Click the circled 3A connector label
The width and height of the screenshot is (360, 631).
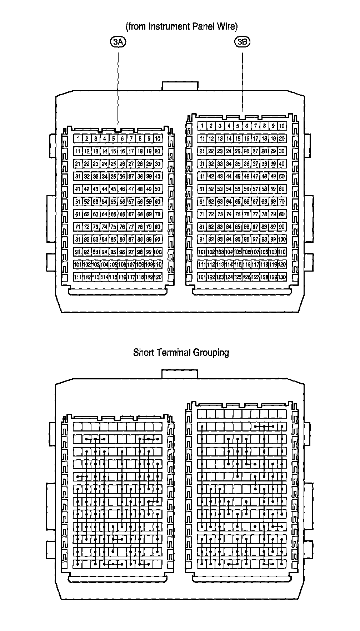point(118,42)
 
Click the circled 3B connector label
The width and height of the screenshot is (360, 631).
point(242,42)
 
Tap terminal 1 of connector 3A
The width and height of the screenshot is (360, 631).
point(78,139)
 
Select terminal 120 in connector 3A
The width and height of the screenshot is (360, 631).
point(158,277)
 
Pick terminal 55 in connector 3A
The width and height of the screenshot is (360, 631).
point(113,202)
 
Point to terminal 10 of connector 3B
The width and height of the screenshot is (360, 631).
point(282,126)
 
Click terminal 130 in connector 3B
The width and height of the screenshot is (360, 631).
point(282,277)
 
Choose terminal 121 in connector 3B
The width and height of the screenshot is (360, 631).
point(202,277)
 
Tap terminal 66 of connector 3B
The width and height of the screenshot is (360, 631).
point(246,202)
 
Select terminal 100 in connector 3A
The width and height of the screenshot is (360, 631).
point(158,252)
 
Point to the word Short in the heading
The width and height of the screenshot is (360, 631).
point(142,353)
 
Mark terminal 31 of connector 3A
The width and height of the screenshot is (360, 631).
point(78,176)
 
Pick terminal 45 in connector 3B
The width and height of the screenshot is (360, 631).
point(238,176)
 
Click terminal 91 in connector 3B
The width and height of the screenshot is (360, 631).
point(202,239)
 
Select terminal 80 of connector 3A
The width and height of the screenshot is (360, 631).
point(158,227)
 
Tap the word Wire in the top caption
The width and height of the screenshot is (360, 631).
point(227,26)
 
